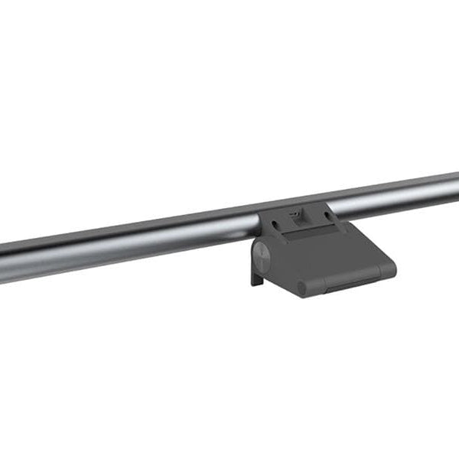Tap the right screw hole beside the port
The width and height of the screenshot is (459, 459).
[x=327, y=216]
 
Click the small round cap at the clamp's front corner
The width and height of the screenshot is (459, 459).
[x=301, y=288]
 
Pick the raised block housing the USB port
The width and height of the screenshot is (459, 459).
[x=298, y=221]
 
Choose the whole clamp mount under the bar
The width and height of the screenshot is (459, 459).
[x=321, y=249]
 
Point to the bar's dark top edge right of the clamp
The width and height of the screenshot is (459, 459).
[x=398, y=184]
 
